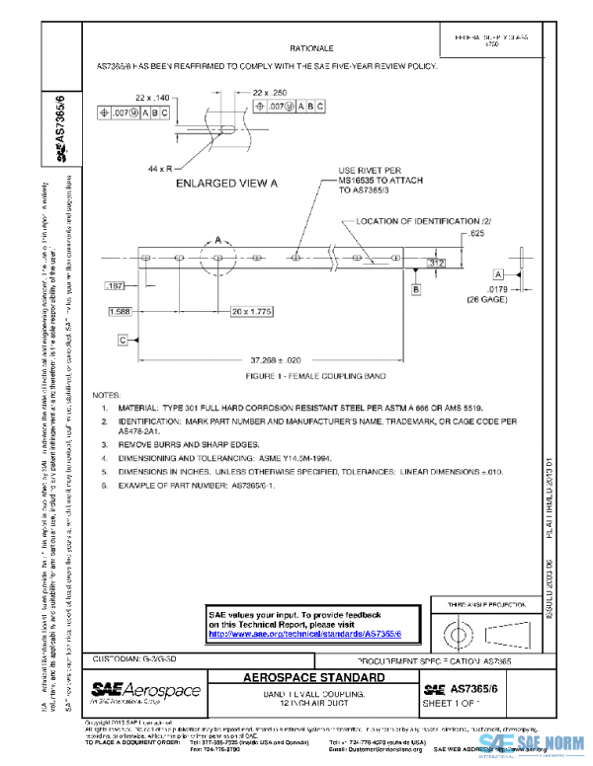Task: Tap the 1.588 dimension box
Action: pyautogui.click(x=120, y=311)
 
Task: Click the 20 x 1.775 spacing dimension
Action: pyautogui.click(x=252, y=311)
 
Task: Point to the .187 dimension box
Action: pyautogui.click(x=116, y=285)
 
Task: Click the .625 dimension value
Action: pyautogui.click(x=477, y=235)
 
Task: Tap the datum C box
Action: pyautogui.click(x=123, y=340)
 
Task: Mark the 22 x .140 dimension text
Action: pyautogui.click(x=152, y=99)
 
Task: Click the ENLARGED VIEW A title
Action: pyautogui.click(x=227, y=184)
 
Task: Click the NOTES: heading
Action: pyautogui.click(x=106, y=393)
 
